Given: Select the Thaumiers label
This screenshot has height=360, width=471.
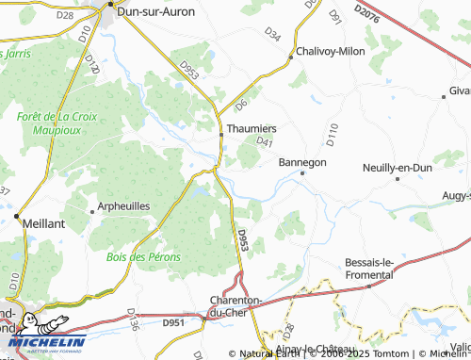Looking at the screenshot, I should tap(251, 127).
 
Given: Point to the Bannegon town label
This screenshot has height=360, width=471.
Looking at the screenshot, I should tap(302, 162).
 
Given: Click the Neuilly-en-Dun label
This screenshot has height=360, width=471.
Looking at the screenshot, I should tap(398, 168).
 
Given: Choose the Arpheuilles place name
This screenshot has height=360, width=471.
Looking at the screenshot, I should tap(125, 206).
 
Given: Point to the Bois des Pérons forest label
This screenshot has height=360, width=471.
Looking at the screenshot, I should tap(143, 256).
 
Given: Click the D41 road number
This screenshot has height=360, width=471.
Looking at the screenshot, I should tap(264, 142).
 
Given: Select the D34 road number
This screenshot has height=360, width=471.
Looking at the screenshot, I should tap(272, 34).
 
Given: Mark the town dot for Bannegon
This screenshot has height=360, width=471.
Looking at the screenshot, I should tap(302, 173).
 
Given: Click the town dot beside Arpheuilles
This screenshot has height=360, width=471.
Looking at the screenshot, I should tap(91, 209).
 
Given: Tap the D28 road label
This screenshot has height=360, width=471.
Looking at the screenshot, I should tap(64, 15).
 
